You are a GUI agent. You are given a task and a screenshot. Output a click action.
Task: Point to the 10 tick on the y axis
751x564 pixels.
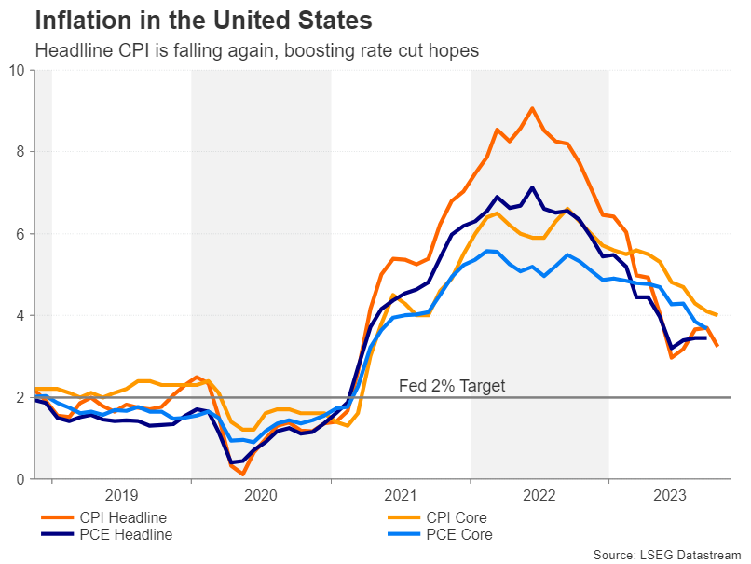[x=16, y=70]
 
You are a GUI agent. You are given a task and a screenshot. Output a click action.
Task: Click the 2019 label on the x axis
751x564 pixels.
[x=121, y=495]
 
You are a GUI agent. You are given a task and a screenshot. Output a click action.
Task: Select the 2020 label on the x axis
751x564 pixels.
[x=261, y=495]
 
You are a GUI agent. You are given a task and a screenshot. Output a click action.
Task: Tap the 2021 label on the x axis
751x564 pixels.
[x=400, y=495]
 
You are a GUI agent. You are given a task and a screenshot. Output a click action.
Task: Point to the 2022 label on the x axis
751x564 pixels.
[x=539, y=495]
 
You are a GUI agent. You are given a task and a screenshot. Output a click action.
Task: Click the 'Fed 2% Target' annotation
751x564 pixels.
[x=451, y=386]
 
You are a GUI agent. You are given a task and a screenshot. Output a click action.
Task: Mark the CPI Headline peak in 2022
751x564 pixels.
[x=532, y=108]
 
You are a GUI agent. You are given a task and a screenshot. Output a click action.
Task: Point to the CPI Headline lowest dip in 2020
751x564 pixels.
[x=243, y=475]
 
